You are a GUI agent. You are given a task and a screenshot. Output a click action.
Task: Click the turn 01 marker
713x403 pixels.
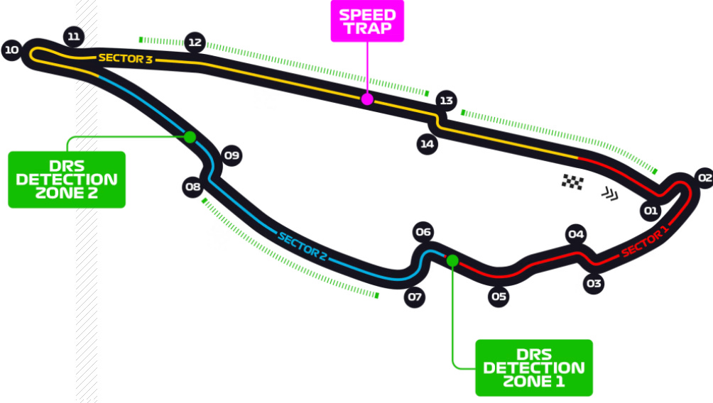pyautogui.click(x=651, y=211)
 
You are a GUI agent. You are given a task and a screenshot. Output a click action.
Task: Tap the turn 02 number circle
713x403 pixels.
pyautogui.click(x=703, y=178)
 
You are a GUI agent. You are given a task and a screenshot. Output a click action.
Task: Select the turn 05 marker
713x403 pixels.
pyautogui.click(x=499, y=297)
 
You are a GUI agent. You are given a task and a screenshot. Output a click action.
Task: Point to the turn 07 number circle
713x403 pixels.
pyautogui.click(x=415, y=297)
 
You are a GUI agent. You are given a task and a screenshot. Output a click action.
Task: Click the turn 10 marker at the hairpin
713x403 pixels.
pyautogui.click(x=11, y=50)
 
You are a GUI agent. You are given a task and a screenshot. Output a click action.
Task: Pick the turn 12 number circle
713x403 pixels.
pyautogui.click(x=195, y=42)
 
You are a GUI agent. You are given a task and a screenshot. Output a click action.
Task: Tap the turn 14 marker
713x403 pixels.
pyautogui.click(x=426, y=144)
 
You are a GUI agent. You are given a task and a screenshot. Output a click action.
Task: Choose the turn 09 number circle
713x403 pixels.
pyautogui.click(x=232, y=155)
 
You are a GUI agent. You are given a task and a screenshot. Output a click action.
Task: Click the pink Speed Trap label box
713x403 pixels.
pyautogui.click(x=366, y=22)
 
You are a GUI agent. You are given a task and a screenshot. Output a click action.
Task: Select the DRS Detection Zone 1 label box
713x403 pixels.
pyautogui.click(x=533, y=368)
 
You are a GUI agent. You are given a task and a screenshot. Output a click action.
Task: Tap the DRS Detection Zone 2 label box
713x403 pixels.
pyautogui.click(x=67, y=180)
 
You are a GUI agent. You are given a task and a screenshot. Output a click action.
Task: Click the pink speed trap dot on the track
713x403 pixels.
pyautogui.click(x=367, y=99)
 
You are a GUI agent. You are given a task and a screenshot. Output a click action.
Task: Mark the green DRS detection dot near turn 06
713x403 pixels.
pyautogui.click(x=452, y=260)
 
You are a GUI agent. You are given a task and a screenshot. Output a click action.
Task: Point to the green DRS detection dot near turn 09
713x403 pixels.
pyautogui.click(x=190, y=137)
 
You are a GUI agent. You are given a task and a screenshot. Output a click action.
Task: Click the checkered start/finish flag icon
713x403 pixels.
pyautogui.click(x=572, y=182)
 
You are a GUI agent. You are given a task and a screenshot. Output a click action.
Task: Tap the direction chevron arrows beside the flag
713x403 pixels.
pyautogui.click(x=609, y=193)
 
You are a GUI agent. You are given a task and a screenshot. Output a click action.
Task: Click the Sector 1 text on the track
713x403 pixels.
pyautogui.click(x=645, y=241)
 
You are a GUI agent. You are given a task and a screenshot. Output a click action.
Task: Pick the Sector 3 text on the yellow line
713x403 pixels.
pyautogui.click(x=126, y=58)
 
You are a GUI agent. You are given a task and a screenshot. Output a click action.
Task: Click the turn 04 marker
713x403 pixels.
pyautogui.click(x=576, y=234)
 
